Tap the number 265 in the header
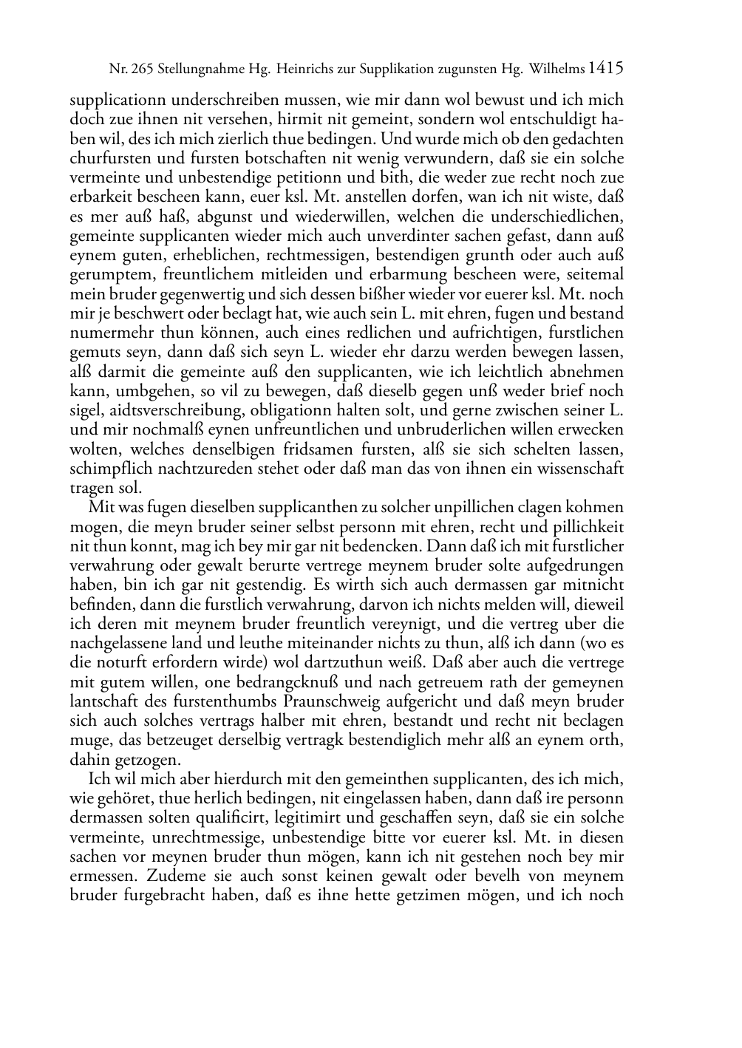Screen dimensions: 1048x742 (x=140, y=70)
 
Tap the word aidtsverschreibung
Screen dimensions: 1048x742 (x=176, y=410)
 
